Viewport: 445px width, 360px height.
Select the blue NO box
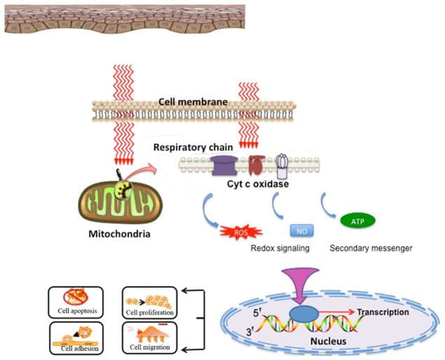coord(300,230)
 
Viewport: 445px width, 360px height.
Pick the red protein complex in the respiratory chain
coord(255,165)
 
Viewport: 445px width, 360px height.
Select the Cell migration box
coord(148,338)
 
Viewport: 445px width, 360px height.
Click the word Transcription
coord(381,312)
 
